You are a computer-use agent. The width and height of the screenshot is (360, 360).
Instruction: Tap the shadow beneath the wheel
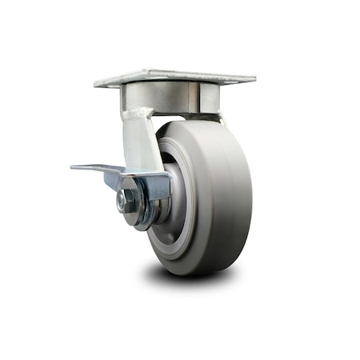[x=192, y=276]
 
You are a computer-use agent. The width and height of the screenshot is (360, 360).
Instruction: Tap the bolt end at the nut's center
[x=123, y=202]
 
